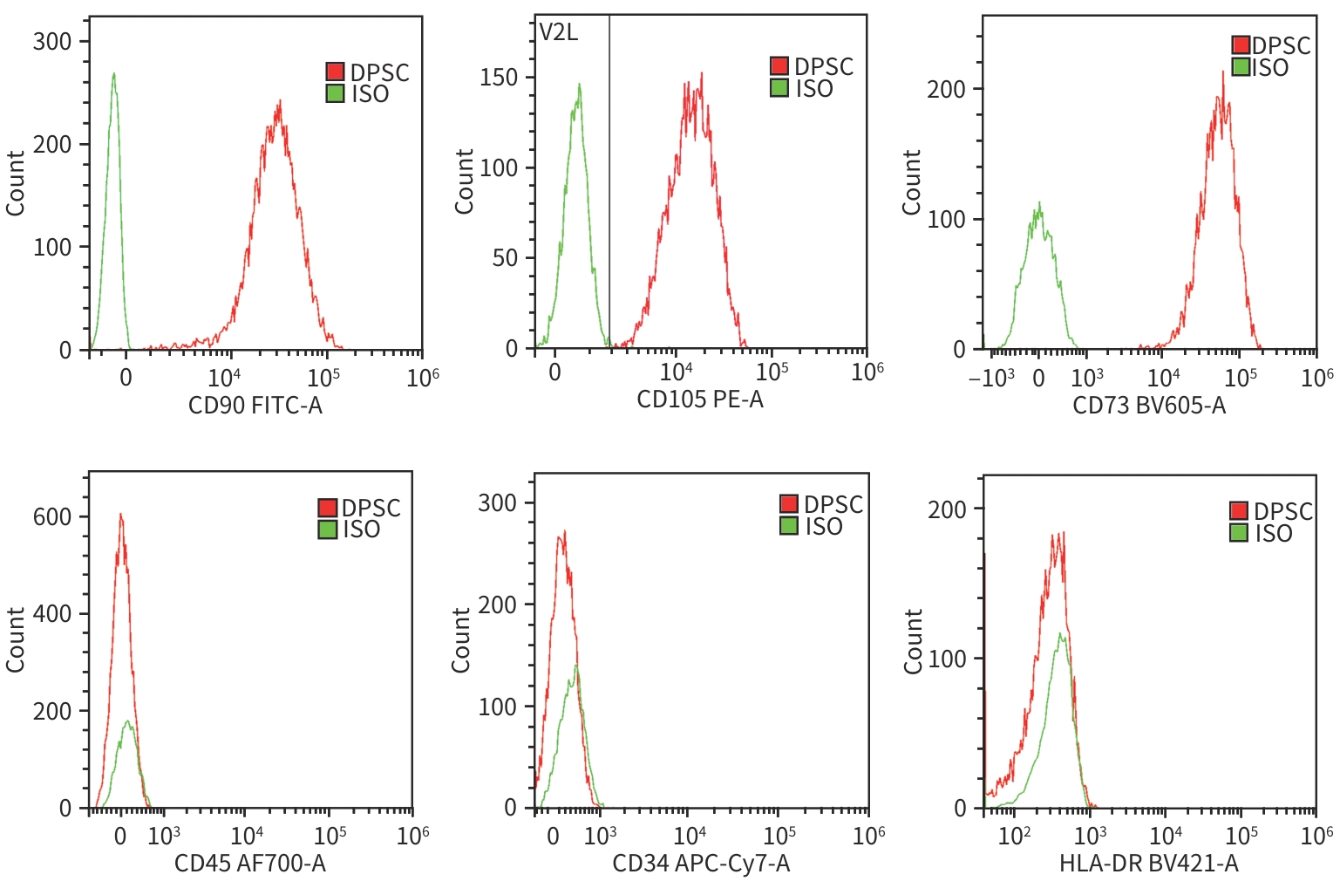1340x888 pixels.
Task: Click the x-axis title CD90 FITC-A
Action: pos(255,406)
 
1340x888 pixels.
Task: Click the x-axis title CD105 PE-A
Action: pos(699,400)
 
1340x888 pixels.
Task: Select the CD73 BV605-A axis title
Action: pos(1148,406)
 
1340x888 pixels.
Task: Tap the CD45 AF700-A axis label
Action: pos(250,864)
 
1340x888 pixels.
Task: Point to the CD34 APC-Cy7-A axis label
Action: pos(701,864)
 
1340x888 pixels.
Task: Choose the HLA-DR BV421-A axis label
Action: pos(1148,864)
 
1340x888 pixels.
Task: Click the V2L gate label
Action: pos(559,33)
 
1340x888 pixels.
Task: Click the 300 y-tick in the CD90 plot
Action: pos(51,42)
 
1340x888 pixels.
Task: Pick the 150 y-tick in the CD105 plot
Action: pos(499,78)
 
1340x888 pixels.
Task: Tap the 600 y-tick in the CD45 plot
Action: pos(51,516)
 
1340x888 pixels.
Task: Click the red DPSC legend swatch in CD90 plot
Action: pos(336,72)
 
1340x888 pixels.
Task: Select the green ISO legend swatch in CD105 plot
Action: pos(779,88)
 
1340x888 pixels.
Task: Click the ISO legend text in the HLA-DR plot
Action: pos(1273,533)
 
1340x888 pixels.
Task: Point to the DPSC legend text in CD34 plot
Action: pos(833,504)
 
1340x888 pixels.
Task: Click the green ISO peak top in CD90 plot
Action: pos(113,74)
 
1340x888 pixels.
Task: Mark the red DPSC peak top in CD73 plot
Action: pos(1223,72)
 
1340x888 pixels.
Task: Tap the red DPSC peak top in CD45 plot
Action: pos(120,514)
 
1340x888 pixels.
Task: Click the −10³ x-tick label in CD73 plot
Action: pos(991,379)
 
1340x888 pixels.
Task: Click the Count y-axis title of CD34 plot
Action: pos(460,639)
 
